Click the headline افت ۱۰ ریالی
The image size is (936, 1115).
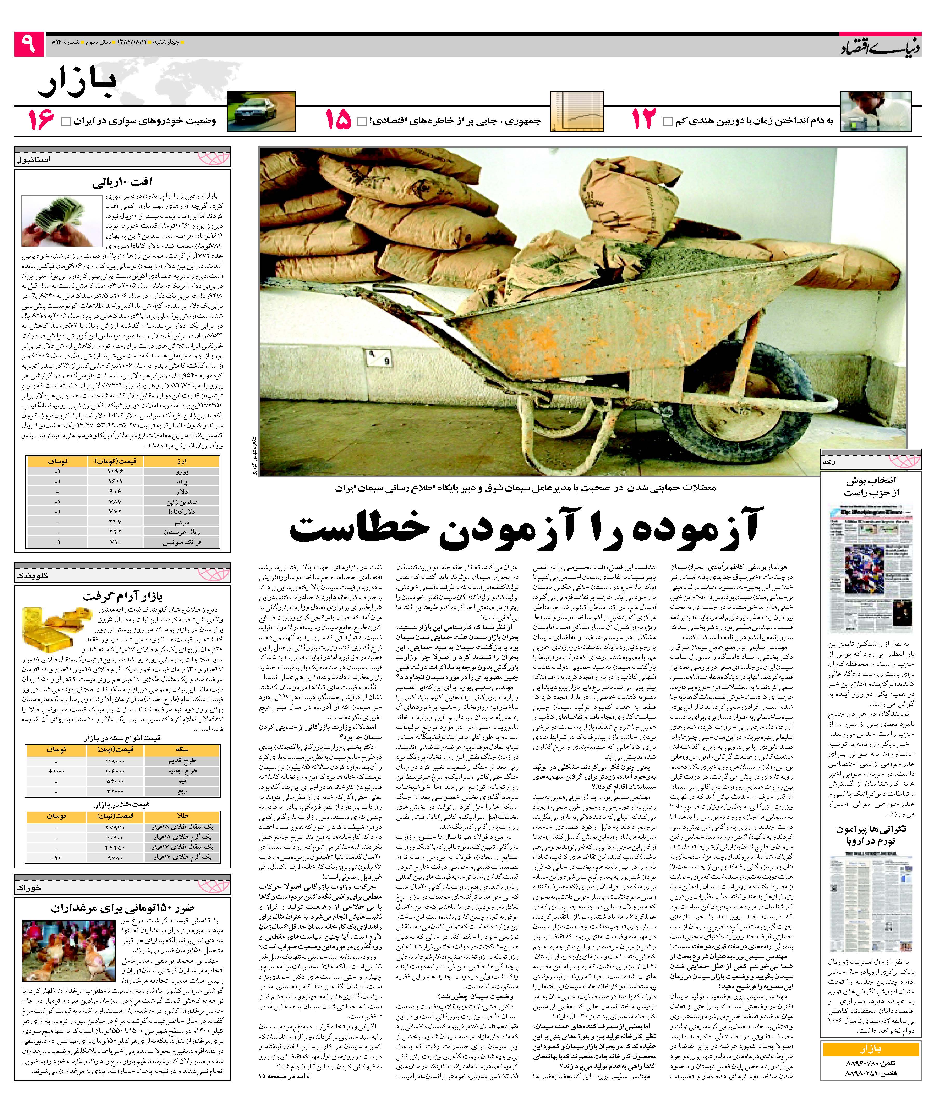pyautogui.click(x=122, y=183)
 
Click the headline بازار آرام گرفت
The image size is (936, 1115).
pyautogui.click(x=122, y=596)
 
